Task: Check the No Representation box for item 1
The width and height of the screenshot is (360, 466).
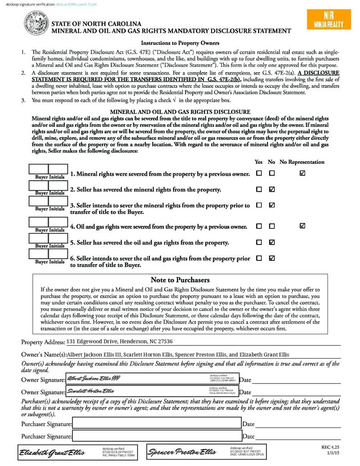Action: tap(303, 173)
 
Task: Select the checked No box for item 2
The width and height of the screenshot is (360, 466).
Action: tap(272, 189)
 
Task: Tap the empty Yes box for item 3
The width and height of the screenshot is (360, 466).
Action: tap(259, 205)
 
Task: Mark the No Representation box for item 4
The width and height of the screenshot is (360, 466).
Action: tap(303, 226)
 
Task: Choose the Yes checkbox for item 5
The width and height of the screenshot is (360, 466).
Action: tap(259, 242)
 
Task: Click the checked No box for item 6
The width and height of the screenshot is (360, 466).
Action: tap(272, 258)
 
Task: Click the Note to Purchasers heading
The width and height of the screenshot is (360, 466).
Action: tap(180, 280)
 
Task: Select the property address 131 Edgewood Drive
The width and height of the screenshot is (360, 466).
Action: tap(119, 342)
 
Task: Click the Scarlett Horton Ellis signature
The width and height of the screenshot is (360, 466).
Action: tap(91, 390)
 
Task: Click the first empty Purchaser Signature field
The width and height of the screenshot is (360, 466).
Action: tap(157, 424)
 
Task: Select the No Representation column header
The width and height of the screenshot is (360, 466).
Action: tap(302, 162)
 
